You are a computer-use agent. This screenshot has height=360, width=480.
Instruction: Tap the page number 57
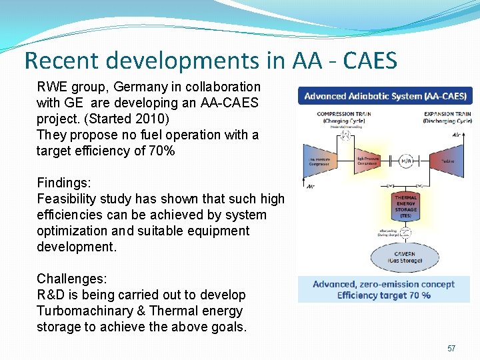coord(451,349)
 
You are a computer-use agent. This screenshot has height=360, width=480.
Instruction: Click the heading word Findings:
coord(65,183)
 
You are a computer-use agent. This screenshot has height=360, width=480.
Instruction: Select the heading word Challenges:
coord(72,279)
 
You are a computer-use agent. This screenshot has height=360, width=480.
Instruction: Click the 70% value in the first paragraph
coord(161,151)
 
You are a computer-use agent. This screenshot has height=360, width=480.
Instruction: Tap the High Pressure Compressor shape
coord(369,161)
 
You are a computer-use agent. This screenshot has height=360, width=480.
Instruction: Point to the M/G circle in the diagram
coord(406,161)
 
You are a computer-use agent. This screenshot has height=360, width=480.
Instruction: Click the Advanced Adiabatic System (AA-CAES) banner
coord(385,96)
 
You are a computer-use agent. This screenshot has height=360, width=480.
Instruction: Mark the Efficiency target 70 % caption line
coord(384,295)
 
